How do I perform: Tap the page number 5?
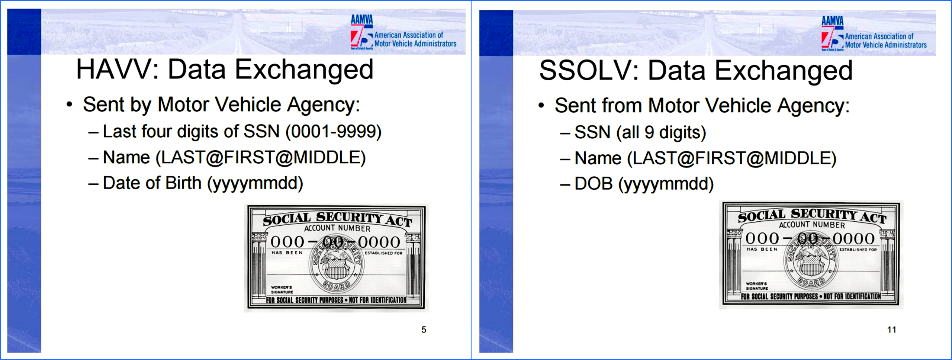click(424, 330)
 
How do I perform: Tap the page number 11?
click(891, 330)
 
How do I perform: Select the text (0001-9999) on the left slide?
click(334, 132)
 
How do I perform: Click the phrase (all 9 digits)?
click(661, 133)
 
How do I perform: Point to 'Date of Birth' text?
click(152, 183)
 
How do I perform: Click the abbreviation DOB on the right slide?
click(593, 184)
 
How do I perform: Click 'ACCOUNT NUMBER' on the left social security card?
click(337, 228)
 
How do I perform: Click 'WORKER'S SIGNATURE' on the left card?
click(282, 290)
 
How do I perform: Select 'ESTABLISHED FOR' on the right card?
click(858, 250)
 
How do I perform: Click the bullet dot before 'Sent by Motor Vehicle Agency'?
click(69, 105)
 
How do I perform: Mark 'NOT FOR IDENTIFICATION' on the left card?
click(377, 300)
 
